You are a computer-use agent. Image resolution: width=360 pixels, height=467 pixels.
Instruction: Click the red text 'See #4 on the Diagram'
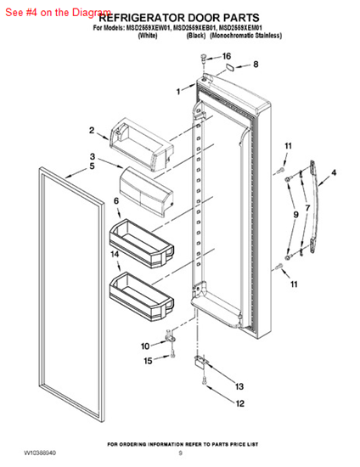click(x=57, y=14)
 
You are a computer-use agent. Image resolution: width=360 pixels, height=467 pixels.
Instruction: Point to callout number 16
click(x=226, y=56)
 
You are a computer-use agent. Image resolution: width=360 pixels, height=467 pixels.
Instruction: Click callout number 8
click(x=255, y=64)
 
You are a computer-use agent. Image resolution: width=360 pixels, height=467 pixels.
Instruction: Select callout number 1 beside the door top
click(x=179, y=91)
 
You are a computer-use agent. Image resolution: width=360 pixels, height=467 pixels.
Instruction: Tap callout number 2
click(x=92, y=130)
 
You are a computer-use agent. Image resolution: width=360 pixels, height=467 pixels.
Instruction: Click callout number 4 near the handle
click(x=333, y=172)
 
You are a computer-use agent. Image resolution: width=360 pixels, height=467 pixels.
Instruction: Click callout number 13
click(x=239, y=386)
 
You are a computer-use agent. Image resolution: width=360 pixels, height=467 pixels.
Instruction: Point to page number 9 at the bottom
click(x=180, y=454)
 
